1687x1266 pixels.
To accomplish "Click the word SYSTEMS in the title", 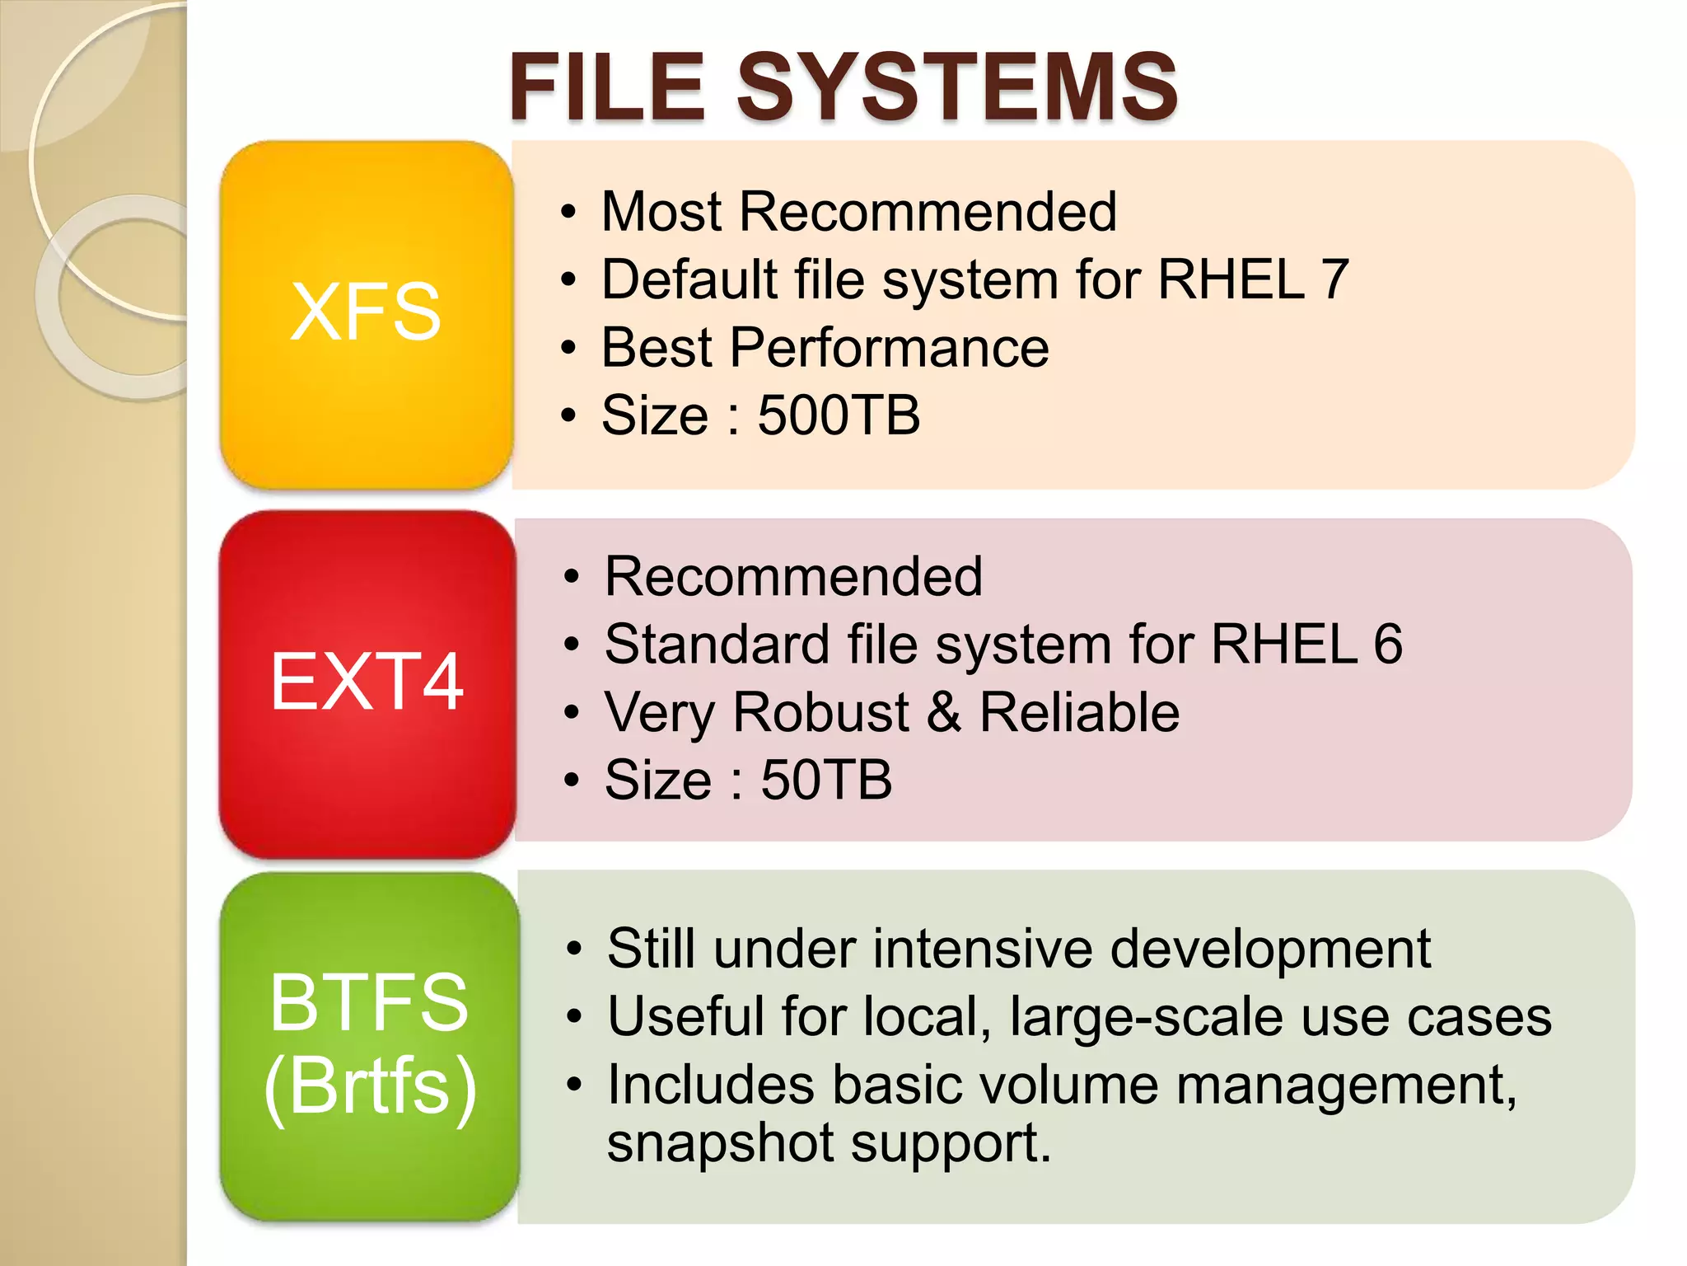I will [x=956, y=87].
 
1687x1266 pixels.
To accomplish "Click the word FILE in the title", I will [x=607, y=87].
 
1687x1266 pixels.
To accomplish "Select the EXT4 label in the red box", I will [x=367, y=682].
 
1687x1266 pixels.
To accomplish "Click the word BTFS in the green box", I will [x=369, y=1002].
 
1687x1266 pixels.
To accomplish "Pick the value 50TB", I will [x=825, y=780].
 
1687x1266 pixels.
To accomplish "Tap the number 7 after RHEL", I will [x=1334, y=279].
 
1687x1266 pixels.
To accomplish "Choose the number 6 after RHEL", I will [x=1388, y=644].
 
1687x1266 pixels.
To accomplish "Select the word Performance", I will [x=889, y=347].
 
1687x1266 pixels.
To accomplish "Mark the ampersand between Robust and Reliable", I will [x=944, y=712].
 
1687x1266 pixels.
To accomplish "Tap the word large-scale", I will [x=1146, y=1017].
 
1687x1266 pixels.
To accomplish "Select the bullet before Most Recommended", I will [x=568, y=212].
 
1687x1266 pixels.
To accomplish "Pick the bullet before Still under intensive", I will [x=574, y=949].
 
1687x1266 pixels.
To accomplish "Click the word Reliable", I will [x=1079, y=712].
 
